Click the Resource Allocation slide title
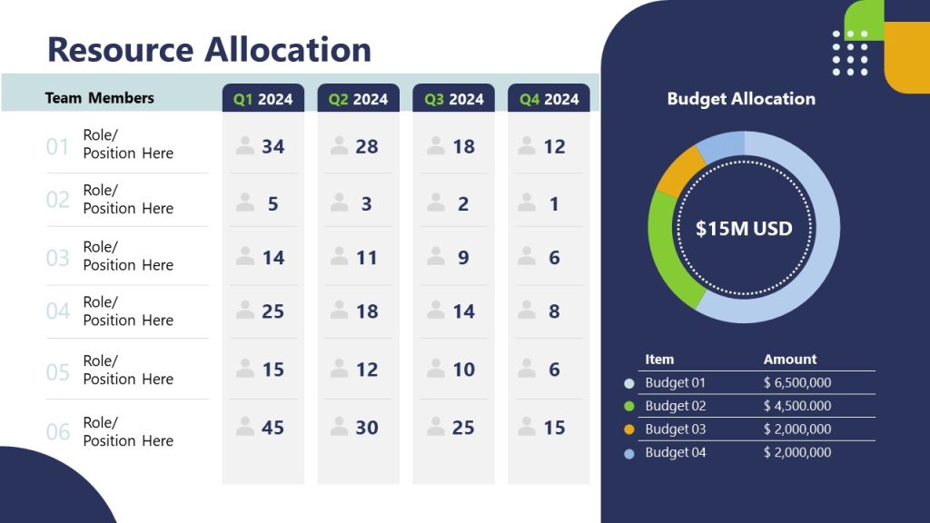209,49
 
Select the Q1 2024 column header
262,99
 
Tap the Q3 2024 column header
453,99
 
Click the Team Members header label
99,98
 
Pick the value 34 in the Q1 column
272,146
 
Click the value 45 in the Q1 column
272,428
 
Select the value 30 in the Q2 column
367,428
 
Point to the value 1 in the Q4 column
554,204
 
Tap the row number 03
57,258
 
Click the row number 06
57,432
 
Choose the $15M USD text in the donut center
744,229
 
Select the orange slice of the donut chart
678,171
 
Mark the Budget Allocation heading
741,99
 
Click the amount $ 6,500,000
796,383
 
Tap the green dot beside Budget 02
629,407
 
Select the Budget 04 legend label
675,452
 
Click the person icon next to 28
340,146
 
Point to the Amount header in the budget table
789,360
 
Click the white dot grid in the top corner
850,53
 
